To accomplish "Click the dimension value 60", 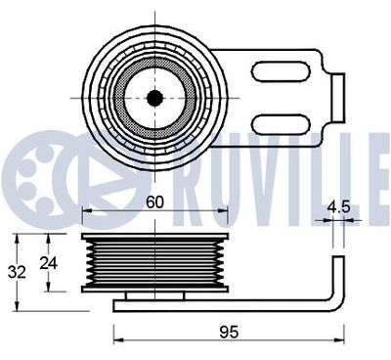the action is coord(154,202).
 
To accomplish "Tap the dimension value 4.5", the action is coord(338,207).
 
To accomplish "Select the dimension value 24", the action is coord(49,263).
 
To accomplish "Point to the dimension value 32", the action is coord(17,272).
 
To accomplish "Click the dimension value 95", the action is coord(229,333).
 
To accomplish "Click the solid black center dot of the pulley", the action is coord(154,98).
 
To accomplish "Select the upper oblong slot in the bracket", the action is coord(281,71).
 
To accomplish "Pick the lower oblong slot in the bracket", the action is coord(281,124).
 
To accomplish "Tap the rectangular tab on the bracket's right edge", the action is coord(338,98).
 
